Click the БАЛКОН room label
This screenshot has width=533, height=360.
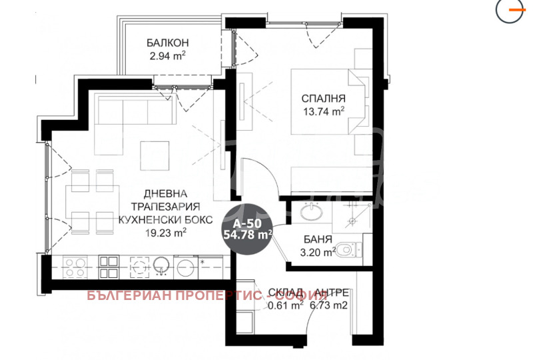(x=167, y=44)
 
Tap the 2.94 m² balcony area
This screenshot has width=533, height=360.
(x=167, y=57)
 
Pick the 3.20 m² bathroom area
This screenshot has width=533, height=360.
(x=314, y=252)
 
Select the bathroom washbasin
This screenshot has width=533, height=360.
(x=310, y=213)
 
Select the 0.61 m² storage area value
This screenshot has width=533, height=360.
(x=285, y=306)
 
